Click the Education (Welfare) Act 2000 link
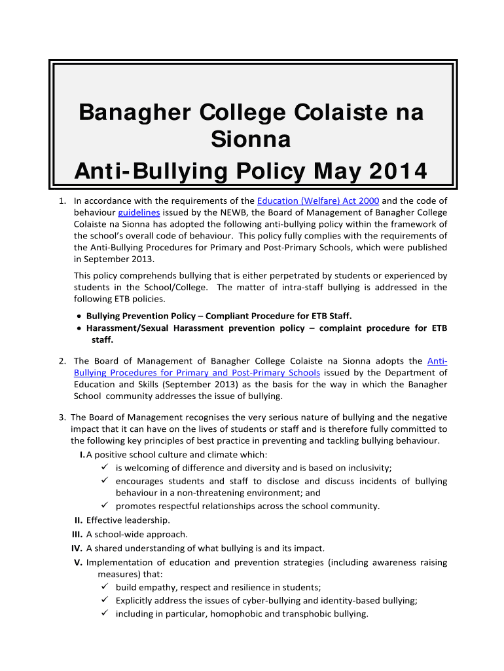318,201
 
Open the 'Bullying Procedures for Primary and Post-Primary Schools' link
196,372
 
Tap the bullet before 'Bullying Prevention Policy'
79,316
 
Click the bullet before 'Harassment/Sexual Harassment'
79,328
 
